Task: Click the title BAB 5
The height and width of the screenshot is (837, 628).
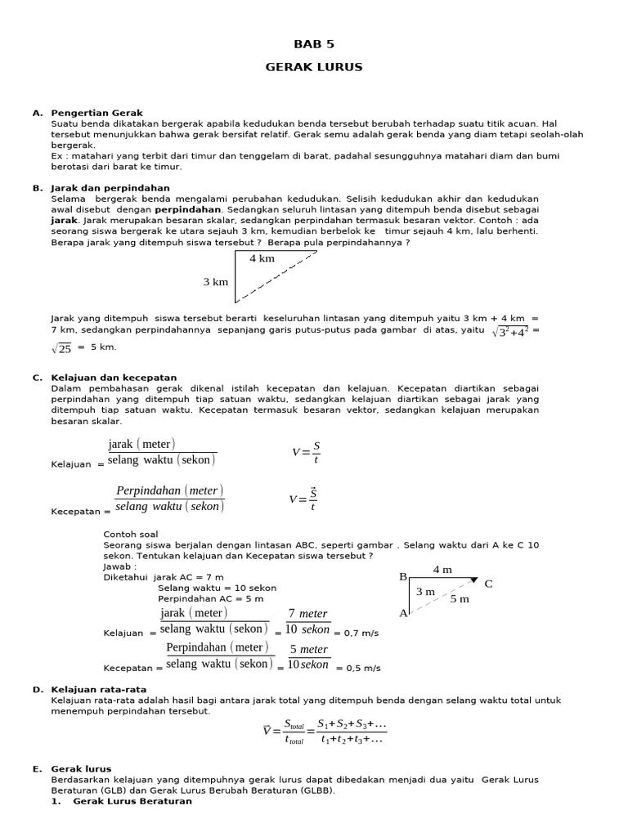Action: click(314, 44)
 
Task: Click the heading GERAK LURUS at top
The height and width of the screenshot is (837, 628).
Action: click(314, 67)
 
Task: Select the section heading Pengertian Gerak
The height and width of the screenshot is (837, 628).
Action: click(96, 113)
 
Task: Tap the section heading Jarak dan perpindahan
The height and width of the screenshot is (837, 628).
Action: click(110, 188)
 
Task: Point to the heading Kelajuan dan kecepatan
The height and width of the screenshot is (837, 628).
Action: click(114, 378)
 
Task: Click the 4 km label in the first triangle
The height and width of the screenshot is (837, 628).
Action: click(262, 258)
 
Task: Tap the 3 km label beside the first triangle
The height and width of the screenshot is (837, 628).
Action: click(216, 282)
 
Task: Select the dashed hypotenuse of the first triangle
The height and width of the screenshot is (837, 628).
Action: click(276, 277)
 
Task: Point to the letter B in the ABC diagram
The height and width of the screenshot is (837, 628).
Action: click(402, 577)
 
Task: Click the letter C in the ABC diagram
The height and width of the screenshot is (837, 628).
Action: click(489, 584)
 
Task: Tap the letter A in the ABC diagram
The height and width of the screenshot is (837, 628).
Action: click(402, 613)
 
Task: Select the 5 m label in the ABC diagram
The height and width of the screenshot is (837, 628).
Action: click(460, 599)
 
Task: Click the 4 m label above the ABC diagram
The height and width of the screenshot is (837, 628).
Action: click(442, 569)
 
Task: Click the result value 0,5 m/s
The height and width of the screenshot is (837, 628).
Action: click(364, 668)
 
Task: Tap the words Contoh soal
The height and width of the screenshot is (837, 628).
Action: click(130, 534)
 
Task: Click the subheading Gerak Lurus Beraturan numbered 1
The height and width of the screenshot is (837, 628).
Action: click(132, 801)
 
